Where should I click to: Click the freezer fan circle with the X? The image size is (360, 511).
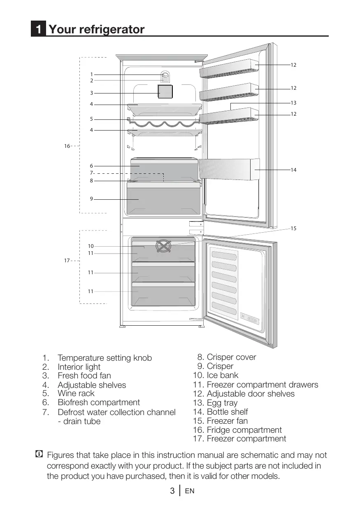click(x=163, y=246)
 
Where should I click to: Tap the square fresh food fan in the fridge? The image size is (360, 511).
click(x=165, y=92)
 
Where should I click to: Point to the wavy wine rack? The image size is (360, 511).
click(x=164, y=123)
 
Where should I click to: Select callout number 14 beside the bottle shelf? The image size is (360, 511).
click(x=293, y=170)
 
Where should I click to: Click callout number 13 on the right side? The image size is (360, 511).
click(x=293, y=103)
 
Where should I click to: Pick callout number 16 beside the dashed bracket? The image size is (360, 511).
click(x=67, y=146)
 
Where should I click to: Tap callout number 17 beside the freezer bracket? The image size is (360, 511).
click(x=67, y=261)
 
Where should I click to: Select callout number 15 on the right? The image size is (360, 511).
click(x=293, y=228)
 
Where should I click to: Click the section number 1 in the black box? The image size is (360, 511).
click(x=38, y=30)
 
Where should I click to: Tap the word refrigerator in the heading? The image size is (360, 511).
click(x=111, y=30)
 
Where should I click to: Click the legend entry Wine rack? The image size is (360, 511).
click(x=76, y=394)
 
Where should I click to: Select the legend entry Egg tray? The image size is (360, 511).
click(x=222, y=403)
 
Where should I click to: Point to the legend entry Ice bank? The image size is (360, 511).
click(x=222, y=375)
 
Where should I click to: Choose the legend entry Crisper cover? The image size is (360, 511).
click(x=231, y=357)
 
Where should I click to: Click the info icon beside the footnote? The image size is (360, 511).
click(x=39, y=455)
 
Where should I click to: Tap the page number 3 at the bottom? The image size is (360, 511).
click(x=172, y=491)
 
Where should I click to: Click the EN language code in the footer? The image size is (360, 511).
click(x=189, y=491)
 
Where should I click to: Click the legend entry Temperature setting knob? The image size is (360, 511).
click(x=105, y=358)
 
